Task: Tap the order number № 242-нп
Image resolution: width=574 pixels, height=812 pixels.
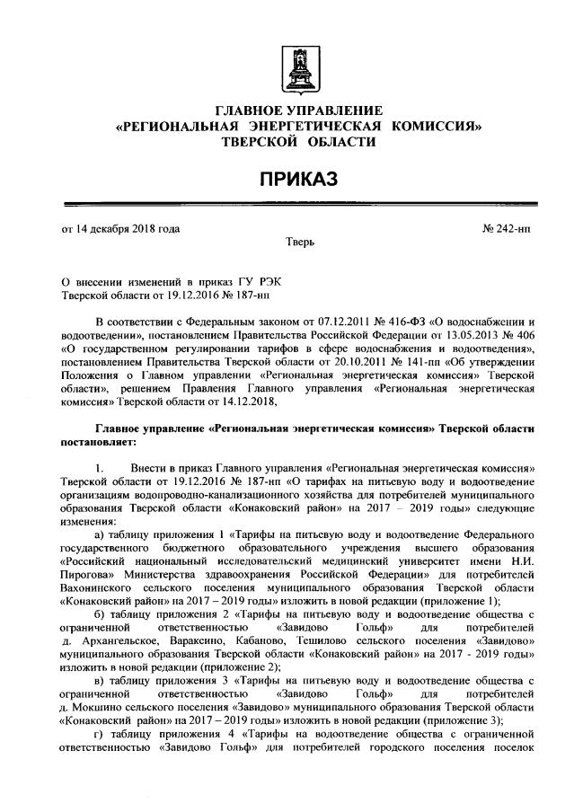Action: [x=507, y=229]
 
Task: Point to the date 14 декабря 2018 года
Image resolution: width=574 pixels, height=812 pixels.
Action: [x=127, y=229]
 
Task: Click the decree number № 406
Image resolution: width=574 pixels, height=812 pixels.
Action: [x=524, y=335]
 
